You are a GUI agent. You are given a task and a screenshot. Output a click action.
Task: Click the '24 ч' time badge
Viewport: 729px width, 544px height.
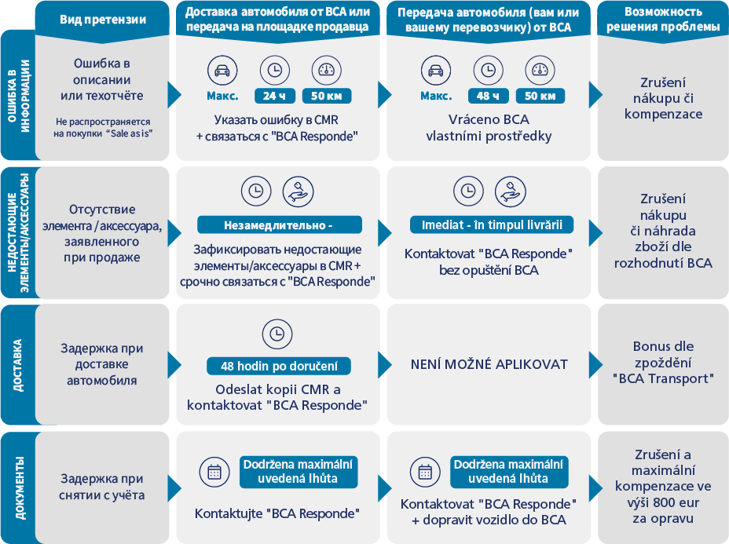pyautogui.click(x=275, y=96)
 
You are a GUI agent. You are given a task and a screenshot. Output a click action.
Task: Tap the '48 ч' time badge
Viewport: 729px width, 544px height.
pyautogui.click(x=488, y=96)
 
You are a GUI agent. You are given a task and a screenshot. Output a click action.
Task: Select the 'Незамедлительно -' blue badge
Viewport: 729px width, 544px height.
pyautogui.click(x=280, y=225)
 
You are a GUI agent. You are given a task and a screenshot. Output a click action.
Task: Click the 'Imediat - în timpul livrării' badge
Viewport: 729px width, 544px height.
pyautogui.click(x=492, y=225)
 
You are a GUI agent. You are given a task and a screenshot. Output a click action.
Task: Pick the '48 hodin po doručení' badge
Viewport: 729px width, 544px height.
pyautogui.click(x=279, y=366)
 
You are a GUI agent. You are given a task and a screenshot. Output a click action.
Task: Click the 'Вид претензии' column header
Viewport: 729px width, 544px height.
pyautogui.click(x=103, y=20)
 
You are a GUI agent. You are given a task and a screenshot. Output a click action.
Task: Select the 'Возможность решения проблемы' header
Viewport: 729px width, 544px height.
pyautogui.click(x=663, y=19)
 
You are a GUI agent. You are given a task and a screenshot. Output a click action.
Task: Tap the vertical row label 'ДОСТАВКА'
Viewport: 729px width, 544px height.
pyautogui.click(x=17, y=365)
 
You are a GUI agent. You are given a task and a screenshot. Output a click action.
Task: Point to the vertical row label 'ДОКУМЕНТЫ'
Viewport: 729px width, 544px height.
pyautogui.click(x=20, y=487)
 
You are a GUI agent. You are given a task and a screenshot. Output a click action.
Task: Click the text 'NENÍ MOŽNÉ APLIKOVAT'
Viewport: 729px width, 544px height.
pyautogui.click(x=489, y=364)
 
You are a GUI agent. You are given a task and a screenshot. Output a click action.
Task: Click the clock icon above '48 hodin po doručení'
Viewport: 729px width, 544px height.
pyautogui.click(x=277, y=334)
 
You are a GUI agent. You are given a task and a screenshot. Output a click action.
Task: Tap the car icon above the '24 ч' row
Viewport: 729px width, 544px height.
pyautogui.click(x=222, y=70)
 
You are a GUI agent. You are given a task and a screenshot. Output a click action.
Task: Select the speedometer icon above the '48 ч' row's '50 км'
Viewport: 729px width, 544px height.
pyautogui.click(x=540, y=70)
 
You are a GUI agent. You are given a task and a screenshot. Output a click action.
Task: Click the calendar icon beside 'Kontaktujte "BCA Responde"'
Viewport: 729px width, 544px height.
pyautogui.click(x=214, y=472)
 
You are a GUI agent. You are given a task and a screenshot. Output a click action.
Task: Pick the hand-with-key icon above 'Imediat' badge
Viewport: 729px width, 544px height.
pyautogui.click(x=511, y=192)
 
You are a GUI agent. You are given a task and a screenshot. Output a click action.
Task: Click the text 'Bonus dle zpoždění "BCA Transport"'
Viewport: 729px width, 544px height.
pyautogui.click(x=663, y=363)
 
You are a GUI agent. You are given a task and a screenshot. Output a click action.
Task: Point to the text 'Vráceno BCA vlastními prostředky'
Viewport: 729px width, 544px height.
pyautogui.click(x=489, y=128)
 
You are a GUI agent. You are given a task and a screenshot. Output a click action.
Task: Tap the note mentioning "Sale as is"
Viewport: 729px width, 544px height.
pyautogui.click(x=103, y=127)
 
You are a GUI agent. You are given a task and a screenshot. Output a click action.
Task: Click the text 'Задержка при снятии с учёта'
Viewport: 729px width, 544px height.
pyautogui.click(x=102, y=487)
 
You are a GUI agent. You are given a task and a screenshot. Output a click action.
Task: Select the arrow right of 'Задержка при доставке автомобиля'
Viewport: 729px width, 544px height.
pyautogui.click(x=174, y=365)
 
